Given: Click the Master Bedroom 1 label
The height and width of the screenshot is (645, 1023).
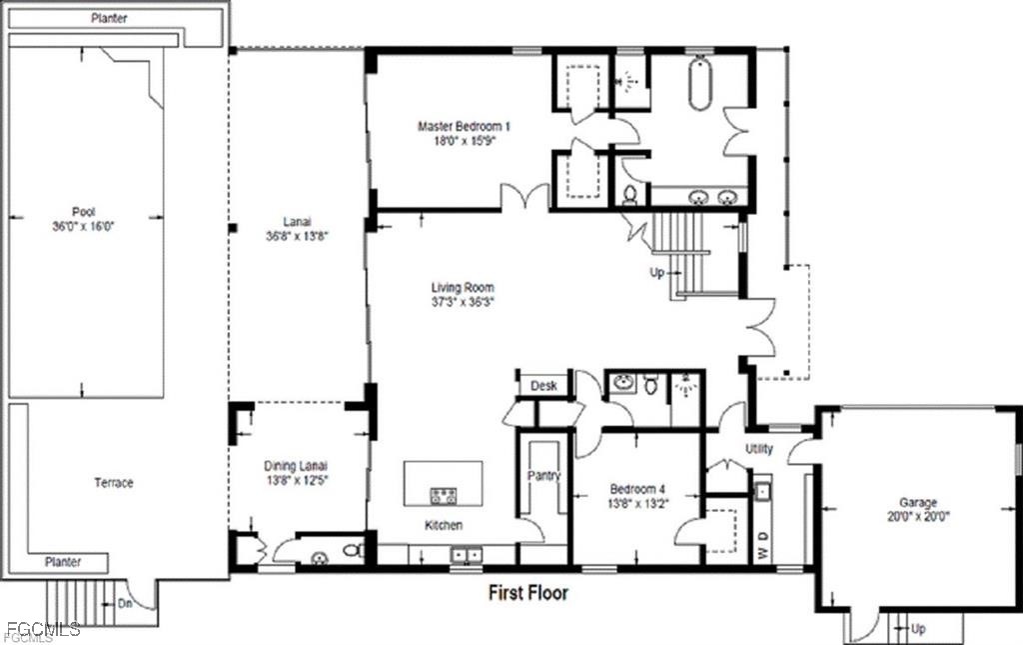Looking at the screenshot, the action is point(464,126).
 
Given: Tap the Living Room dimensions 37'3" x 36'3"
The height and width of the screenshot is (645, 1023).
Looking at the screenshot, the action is point(464,302).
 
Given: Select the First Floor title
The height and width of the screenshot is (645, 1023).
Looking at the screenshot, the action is point(528,593).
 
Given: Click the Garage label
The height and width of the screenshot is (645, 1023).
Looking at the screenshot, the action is point(918,503).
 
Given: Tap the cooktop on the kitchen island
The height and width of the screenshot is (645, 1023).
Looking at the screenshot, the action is point(443,496).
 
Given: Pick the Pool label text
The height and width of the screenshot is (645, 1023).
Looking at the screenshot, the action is point(84,212).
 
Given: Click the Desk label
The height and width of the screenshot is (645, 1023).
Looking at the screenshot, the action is point(543,386).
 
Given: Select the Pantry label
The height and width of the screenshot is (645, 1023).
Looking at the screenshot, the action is point(543,475).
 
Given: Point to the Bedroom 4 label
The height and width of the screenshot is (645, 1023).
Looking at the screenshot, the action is point(637,489).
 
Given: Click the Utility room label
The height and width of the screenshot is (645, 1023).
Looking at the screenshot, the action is point(759,448).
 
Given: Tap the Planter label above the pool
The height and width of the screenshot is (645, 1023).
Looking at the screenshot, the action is point(109,18).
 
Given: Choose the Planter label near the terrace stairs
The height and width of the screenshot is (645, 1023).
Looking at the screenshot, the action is point(63,561).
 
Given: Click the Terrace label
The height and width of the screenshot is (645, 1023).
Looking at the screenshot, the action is point(114,482).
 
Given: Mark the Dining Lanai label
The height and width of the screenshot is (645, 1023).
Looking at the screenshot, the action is point(296,466).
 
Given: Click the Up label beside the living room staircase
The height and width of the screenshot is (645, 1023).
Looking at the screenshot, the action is point(657,273).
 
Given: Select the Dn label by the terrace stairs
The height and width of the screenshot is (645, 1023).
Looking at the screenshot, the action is point(125,603).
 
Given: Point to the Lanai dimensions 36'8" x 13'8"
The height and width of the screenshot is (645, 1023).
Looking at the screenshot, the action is point(296,236).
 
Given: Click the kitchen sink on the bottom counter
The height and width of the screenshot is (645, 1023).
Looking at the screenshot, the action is point(466,555).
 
